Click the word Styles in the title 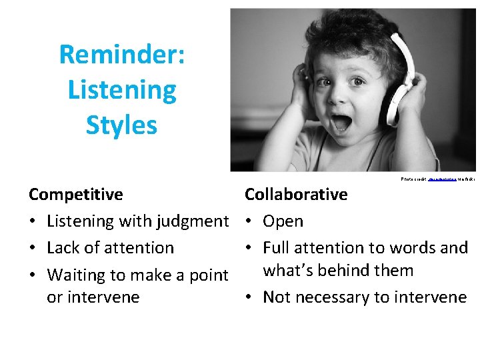(122, 125)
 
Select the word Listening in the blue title (122, 89)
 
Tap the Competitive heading (76, 195)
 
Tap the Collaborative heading (296, 195)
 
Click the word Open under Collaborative (283, 221)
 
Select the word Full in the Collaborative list (277, 248)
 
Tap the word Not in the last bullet (277, 297)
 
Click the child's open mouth (342, 122)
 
